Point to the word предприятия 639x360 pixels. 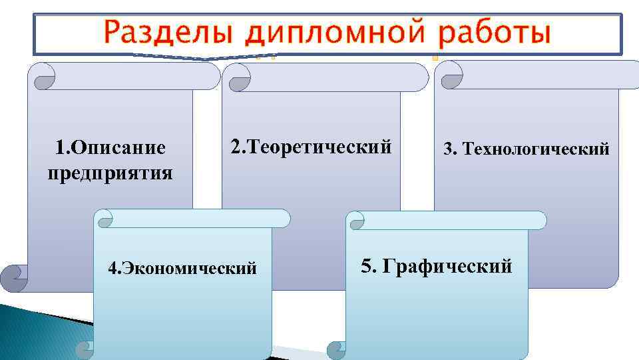coord(110,173)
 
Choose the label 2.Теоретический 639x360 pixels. coord(311,146)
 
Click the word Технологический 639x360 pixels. coord(536,149)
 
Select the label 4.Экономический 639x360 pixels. coord(182,268)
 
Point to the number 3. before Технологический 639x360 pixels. coord(451,149)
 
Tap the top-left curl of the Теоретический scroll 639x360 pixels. coord(238,79)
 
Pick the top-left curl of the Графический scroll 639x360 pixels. coord(357,222)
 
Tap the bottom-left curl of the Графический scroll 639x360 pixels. coord(338,350)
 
